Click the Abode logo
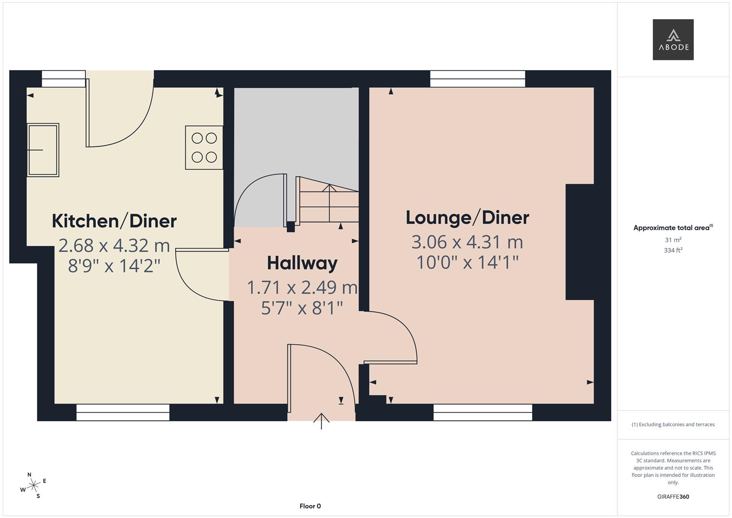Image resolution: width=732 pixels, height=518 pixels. (x=673, y=40)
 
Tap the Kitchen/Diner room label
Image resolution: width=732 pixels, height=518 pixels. (x=114, y=221)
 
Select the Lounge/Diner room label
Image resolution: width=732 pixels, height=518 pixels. (x=467, y=218)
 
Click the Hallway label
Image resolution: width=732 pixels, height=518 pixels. (x=302, y=263)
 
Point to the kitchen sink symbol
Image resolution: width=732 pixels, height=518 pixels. (x=43, y=150)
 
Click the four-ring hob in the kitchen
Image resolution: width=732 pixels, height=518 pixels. (x=204, y=148)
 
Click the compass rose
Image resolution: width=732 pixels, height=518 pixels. (x=33, y=486)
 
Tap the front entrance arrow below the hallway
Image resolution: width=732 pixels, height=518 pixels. (x=321, y=421)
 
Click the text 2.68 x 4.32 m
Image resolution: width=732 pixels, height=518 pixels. (x=114, y=246)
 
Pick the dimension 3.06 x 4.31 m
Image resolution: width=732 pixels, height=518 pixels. (x=467, y=242)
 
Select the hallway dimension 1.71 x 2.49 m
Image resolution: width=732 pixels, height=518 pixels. (x=302, y=288)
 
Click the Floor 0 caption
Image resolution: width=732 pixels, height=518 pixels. (x=310, y=506)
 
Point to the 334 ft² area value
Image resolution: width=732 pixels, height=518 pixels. (x=673, y=250)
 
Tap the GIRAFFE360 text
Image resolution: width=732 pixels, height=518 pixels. (x=673, y=496)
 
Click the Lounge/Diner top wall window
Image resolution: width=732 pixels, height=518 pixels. (x=477, y=79)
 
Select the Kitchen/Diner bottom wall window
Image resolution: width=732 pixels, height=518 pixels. (x=123, y=412)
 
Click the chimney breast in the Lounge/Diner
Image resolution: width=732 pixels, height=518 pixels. (x=580, y=242)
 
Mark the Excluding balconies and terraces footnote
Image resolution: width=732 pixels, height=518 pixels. (x=673, y=424)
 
